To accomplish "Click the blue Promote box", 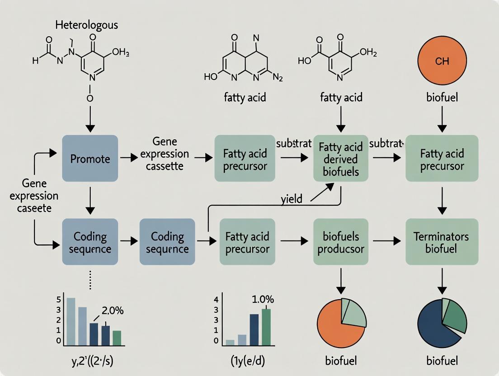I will coord(89,159).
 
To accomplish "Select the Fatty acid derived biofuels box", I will coord(341,159).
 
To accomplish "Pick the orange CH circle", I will coord(442,61).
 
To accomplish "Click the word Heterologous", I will coord(86,24).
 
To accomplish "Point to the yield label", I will coord(292,199).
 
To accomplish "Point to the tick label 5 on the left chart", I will coord(58,299).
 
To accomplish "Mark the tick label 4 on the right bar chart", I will coord(216,299).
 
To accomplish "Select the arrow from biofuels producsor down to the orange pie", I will coord(341,280).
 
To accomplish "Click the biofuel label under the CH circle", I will coord(442,97).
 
